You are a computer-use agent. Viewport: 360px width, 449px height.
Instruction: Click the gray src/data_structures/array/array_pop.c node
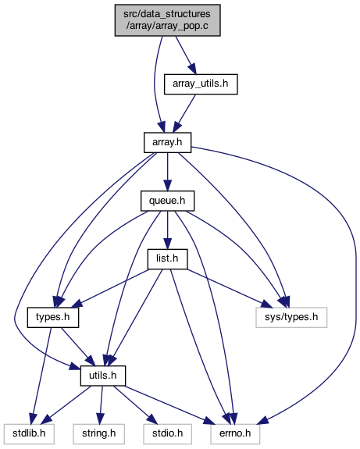coord(168,20)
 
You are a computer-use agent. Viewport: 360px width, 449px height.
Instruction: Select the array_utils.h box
coord(201,84)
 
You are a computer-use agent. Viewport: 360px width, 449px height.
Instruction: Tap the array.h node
coord(167,142)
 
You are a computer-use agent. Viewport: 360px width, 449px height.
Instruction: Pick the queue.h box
coord(167,201)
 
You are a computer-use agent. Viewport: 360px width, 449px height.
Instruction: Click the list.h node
coord(167,259)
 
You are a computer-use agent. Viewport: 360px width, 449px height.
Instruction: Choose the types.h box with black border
coord(53,317)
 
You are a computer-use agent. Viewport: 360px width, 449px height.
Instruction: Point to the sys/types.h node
coord(291,317)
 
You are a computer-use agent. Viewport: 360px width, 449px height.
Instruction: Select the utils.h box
coord(103,376)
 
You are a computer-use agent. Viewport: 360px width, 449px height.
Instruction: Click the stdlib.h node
coord(29,433)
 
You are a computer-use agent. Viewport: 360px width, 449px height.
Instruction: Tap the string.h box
coord(99,433)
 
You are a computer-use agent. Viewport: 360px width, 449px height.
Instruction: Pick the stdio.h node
coord(168,433)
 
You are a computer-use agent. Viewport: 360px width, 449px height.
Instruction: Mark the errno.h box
coord(235,433)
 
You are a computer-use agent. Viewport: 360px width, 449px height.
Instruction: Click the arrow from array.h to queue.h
coord(168,172)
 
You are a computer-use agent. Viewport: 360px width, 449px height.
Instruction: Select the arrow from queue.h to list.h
coord(168,230)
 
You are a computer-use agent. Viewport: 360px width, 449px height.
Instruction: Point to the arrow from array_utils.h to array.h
coord(185,113)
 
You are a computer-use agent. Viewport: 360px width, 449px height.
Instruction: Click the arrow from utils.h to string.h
coord(101,404)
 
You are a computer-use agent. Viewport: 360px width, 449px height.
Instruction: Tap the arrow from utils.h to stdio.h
coord(135,404)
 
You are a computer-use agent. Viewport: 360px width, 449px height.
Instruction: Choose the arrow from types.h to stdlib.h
coord(42,376)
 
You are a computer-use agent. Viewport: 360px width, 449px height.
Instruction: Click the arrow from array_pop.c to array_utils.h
coord(186,55)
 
